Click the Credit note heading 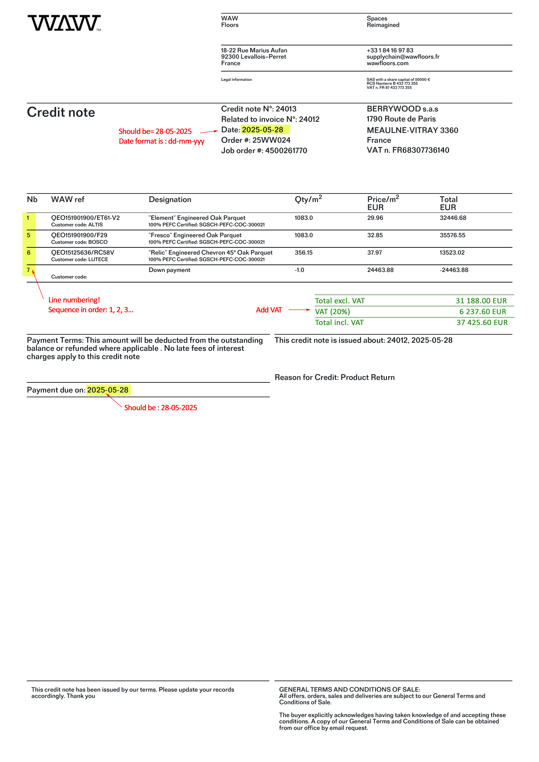pos(61,113)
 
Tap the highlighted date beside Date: pos(262,130)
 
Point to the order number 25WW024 pos(271,140)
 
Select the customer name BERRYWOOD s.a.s pos(402,109)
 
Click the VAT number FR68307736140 pos(421,150)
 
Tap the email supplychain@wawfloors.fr pos(403,57)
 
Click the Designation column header pos(170,199)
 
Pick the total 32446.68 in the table pos(453,218)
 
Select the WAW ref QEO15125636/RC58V pos(82,253)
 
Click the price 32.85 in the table pos(375,235)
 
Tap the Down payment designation pos(169,270)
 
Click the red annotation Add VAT pos(269,310)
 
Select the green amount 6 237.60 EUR pos(482,312)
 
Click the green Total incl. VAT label pos(339,323)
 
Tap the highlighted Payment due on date pos(108,390)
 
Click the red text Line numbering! pos(74,300)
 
